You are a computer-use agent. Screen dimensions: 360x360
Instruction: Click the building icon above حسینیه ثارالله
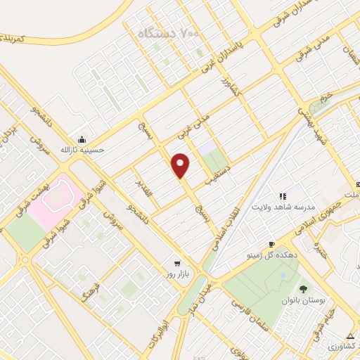tap(83, 139)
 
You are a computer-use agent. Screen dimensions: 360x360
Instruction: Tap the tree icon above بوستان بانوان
tap(303, 288)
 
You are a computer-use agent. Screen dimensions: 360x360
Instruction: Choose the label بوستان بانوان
tap(303, 300)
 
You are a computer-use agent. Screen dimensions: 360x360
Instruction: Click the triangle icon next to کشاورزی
tap(350, 335)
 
